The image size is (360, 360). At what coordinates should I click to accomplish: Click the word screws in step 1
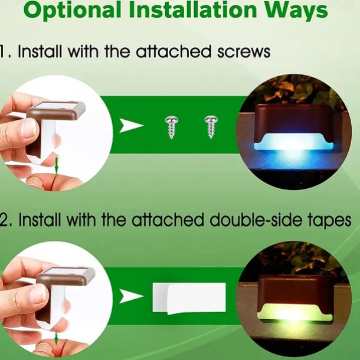(244, 52)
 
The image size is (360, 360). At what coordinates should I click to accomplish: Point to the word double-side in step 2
(256, 220)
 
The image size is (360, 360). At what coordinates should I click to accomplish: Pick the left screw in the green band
(172, 127)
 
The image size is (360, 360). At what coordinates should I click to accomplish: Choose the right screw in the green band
(211, 127)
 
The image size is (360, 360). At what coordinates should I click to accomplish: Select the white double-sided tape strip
(189, 299)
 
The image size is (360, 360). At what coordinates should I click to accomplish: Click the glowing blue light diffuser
(293, 142)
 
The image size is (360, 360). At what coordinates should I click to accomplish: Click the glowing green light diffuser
(295, 312)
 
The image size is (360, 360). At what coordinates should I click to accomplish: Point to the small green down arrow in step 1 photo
(57, 165)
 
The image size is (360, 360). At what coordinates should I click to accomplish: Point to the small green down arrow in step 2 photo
(56, 339)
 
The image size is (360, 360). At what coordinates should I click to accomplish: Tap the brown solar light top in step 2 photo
(66, 275)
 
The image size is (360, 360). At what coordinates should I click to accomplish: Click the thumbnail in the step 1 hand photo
(29, 128)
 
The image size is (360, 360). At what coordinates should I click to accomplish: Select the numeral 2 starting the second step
(3, 220)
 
